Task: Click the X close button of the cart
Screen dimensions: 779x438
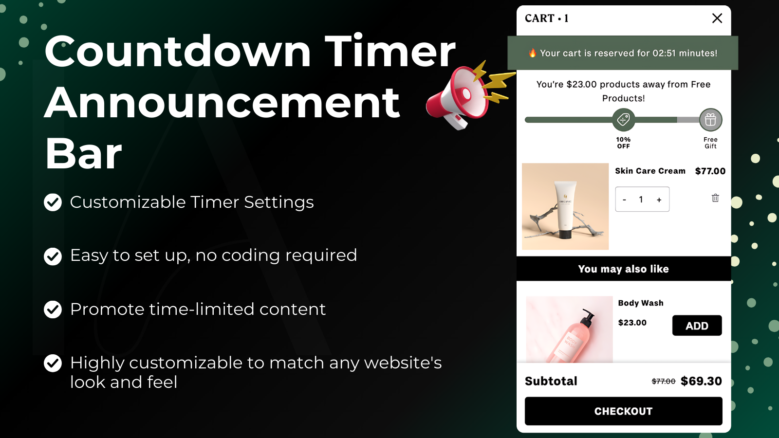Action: (x=717, y=18)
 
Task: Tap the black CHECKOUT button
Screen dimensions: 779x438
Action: (x=623, y=411)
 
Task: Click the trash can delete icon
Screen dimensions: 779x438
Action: (x=715, y=198)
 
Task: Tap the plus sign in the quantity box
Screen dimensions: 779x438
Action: (x=659, y=200)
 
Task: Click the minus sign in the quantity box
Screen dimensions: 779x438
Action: (x=625, y=200)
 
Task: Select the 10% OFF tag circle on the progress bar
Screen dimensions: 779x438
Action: (x=623, y=120)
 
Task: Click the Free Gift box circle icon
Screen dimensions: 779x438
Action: (x=710, y=120)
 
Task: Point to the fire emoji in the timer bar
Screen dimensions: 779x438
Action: (x=533, y=53)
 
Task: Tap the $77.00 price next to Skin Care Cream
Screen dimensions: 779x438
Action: (x=710, y=171)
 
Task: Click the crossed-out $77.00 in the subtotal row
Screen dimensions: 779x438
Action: (x=664, y=382)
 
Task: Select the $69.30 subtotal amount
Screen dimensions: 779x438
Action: (x=701, y=381)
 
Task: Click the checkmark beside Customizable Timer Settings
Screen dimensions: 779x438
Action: (x=53, y=202)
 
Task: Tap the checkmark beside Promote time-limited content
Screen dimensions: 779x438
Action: (x=53, y=310)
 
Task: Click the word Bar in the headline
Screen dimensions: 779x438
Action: (x=83, y=153)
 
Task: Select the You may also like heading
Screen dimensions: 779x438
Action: (x=623, y=269)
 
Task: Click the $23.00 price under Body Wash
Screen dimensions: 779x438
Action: (x=632, y=323)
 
